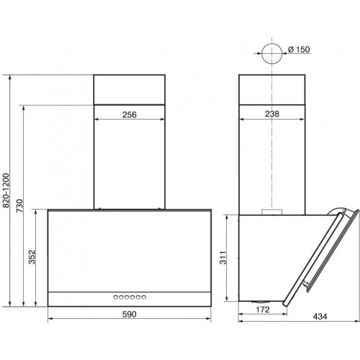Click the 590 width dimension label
129,314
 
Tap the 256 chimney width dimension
130,114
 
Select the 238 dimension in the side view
272,114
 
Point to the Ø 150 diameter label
299,50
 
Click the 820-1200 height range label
6,190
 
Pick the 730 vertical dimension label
19,206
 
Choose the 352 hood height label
32,257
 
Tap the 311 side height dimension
223,258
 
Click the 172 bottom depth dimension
263,310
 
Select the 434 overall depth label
320,317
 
